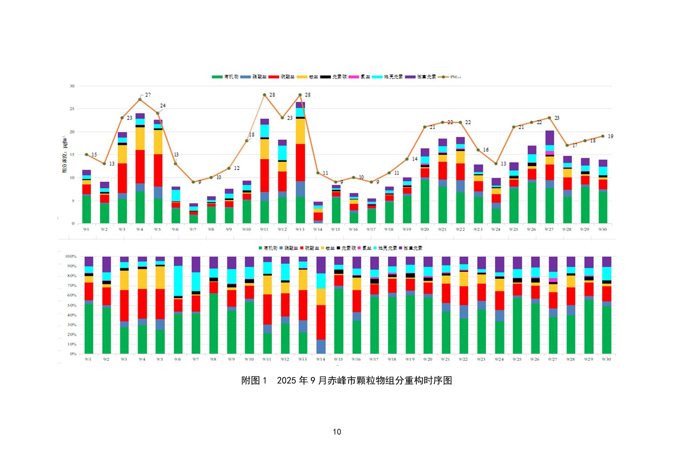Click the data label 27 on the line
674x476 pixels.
(x=148, y=95)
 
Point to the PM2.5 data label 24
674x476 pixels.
(x=163, y=105)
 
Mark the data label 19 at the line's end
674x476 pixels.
(x=611, y=136)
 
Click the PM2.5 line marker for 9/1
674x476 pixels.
(x=86, y=154)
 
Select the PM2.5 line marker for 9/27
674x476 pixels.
(x=549, y=118)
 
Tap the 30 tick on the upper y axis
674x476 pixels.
(x=72, y=86)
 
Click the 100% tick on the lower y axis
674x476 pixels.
(x=71, y=256)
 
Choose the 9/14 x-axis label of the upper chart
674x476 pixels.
(x=317, y=230)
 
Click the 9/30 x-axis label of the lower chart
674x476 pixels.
(x=606, y=359)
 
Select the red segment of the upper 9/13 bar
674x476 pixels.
(x=300, y=162)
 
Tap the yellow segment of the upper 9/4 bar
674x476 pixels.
(x=140, y=138)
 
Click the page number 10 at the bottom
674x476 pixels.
(x=337, y=432)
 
